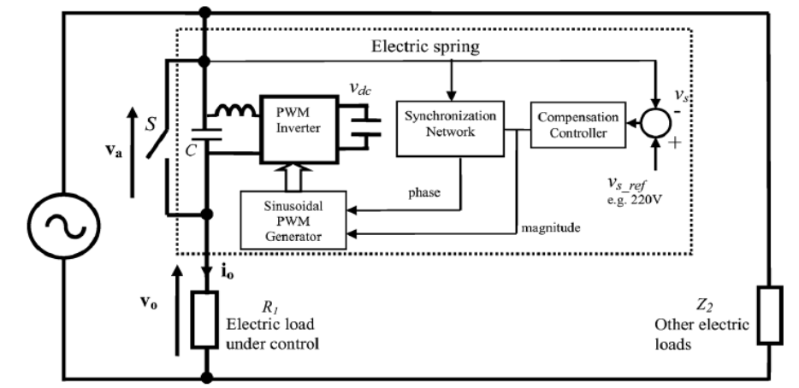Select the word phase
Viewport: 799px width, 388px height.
point(424,193)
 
